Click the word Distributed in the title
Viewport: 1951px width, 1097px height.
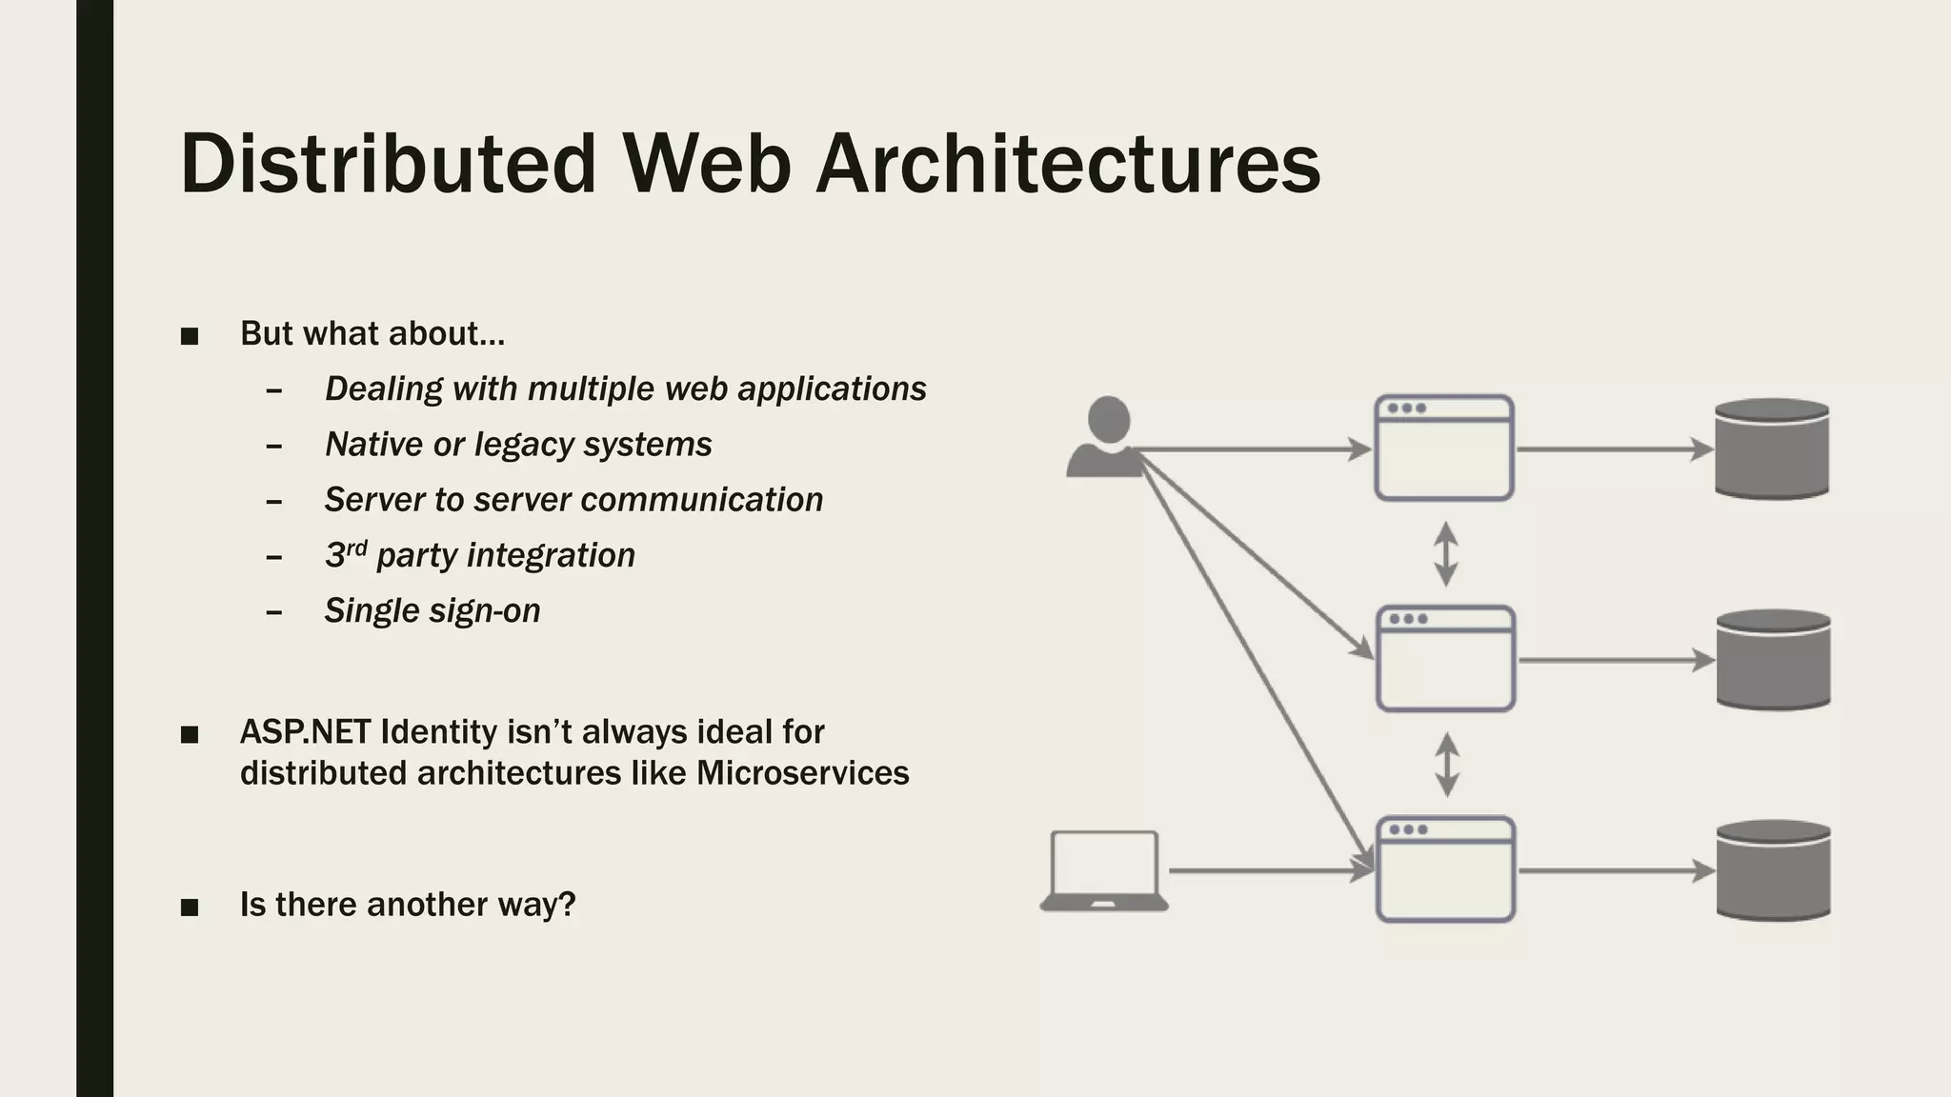pos(388,164)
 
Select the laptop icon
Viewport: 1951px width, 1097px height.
pos(1104,871)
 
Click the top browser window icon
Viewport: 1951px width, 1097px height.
pos(1444,449)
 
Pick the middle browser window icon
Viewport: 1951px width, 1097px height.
pos(1445,659)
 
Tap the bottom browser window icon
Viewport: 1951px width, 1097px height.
pos(1445,869)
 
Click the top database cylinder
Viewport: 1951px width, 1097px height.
pos(1772,449)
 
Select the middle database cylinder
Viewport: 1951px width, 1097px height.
pos(1773,659)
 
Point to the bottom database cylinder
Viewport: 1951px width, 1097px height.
pos(1773,869)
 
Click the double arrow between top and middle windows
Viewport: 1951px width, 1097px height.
pos(1446,553)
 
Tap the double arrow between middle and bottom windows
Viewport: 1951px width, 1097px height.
pos(1447,764)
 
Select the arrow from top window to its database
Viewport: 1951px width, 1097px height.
pos(1614,449)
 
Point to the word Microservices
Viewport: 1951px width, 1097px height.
pos(802,772)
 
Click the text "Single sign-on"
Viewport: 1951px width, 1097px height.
pos(432,610)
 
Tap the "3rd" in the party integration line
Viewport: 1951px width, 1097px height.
pos(345,554)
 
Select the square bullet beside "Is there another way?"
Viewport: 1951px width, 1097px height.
pos(190,907)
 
